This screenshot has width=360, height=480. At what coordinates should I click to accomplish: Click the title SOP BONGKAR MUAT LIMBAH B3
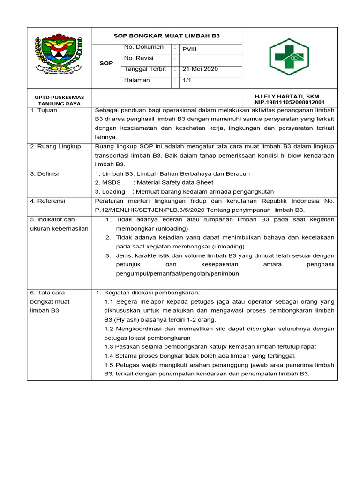pos(168,36)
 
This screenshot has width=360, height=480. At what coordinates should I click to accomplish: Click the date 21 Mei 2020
pos(200,69)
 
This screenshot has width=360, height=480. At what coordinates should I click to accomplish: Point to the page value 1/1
pos(187,80)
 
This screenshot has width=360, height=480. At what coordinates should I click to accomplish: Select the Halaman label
pos(137,80)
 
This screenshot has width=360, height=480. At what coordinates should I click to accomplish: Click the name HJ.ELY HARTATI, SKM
pos(287,96)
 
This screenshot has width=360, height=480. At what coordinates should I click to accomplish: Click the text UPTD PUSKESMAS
pos(60,97)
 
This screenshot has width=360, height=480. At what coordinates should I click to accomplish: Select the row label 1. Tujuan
pos(44,110)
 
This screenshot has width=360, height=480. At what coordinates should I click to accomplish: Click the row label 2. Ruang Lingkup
pos(55,146)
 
